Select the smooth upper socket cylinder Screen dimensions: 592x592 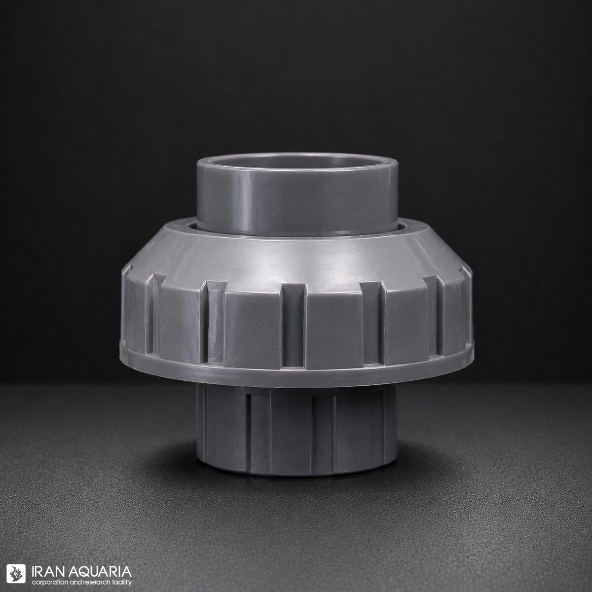pos(297,197)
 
